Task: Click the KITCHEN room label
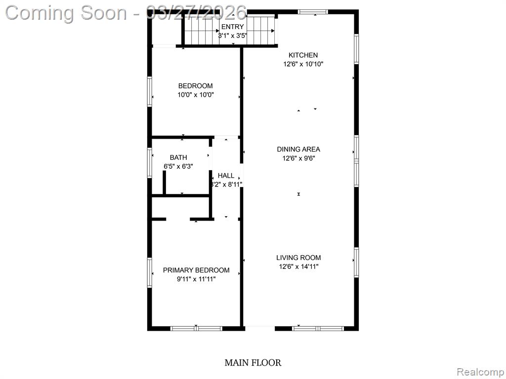click(303, 55)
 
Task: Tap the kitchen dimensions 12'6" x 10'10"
click(303, 64)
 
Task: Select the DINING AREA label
click(298, 149)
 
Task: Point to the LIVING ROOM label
click(298, 258)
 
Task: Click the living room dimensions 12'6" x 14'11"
click(299, 266)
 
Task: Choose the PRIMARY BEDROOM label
click(196, 270)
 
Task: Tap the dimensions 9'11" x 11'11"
click(196, 279)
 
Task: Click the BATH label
click(178, 157)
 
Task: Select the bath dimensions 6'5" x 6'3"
click(178, 166)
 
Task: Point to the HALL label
click(226, 176)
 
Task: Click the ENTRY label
click(232, 27)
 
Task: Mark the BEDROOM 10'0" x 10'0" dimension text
click(196, 95)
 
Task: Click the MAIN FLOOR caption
click(253, 363)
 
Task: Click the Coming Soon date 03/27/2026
click(196, 13)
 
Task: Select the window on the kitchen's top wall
click(313, 12)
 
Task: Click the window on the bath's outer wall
click(150, 163)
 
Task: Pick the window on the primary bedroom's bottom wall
click(196, 329)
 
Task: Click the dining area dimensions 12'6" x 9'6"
click(298, 158)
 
